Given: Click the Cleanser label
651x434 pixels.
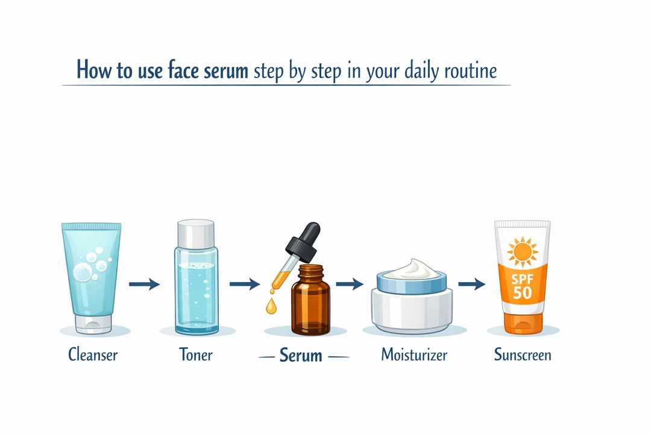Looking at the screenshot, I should (x=92, y=354).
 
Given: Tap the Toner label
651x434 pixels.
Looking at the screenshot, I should (x=196, y=354).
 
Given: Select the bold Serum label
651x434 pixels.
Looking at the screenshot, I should (x=301, y=356).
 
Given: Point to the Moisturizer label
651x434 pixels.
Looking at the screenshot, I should (x=414, y=354).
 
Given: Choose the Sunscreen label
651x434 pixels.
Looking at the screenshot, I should (x=523, y=354).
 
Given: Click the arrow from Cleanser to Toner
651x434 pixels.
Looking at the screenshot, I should (x=145, y=283).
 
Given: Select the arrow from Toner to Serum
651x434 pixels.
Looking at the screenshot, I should (x=245, y=283).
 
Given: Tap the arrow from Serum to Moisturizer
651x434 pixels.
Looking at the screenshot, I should (x=350, y=283).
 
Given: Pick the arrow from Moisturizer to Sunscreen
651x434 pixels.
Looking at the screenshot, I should (x=472, y=283).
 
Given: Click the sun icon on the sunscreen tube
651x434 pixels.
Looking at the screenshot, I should (x=522, y=251).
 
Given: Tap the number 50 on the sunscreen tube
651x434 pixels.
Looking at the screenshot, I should (x=523, y=294).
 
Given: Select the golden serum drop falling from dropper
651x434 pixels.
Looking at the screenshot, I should (x=271, y=306).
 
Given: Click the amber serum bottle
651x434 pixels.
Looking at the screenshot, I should (x=310, y=304).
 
